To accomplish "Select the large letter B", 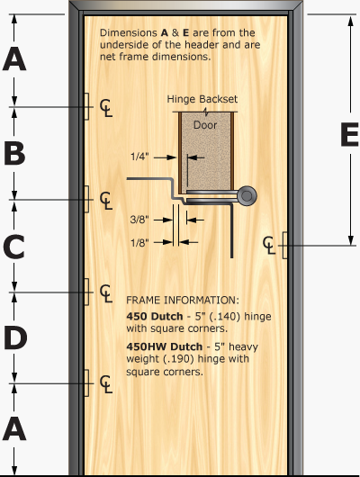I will (x=14, y=153).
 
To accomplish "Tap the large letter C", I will (x=14, y=245).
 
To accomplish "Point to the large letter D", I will (x=14, y=337).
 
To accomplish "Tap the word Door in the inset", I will (x=206, y=127).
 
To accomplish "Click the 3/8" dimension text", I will (x=140, y=219).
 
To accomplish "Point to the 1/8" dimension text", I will (x=140, y=240).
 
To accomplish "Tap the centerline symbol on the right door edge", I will (x=271, y=244).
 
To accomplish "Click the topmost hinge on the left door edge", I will (x=85, y=106).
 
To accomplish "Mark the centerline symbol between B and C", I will (x=106, y=199).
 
